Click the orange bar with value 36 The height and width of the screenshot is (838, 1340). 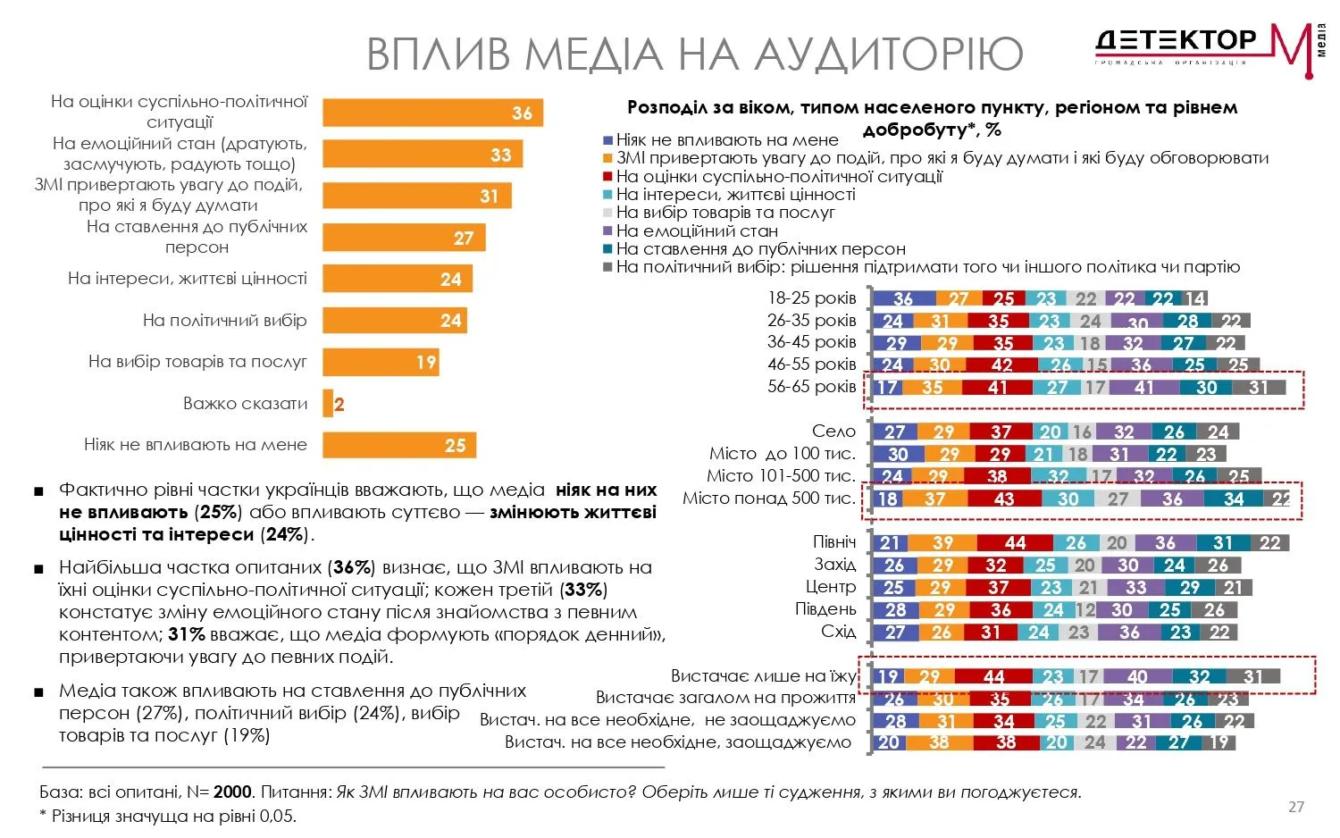click(x=432, y=113)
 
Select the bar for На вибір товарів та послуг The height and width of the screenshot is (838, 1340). click(x=381, y=362)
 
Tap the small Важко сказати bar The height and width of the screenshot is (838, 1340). click(x=328, y=404)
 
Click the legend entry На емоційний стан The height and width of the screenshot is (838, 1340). click(x=696, y=230)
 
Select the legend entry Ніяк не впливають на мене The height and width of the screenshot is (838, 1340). click(x=726, y=139)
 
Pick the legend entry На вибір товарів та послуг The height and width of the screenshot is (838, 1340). click(x=724, y=213)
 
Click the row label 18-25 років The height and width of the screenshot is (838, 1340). click(x=811, y=298)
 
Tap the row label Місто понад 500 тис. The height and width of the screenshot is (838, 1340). click(x=768, y=499)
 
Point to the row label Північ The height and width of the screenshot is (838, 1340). click(x=833, y=542)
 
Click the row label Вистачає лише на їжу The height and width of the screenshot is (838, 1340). click(x=763, y=676)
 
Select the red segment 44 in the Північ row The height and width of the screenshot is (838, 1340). click(x=1015, y=543)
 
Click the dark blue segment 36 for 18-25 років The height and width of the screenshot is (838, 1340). click(x=903, y=299)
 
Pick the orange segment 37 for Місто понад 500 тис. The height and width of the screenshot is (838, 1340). click(x=934, y=499)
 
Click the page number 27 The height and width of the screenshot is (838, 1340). click(x=1295, y=807)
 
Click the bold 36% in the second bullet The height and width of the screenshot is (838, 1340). click(x=351, y=567)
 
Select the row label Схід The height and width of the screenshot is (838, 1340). click(x=838, y=632)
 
